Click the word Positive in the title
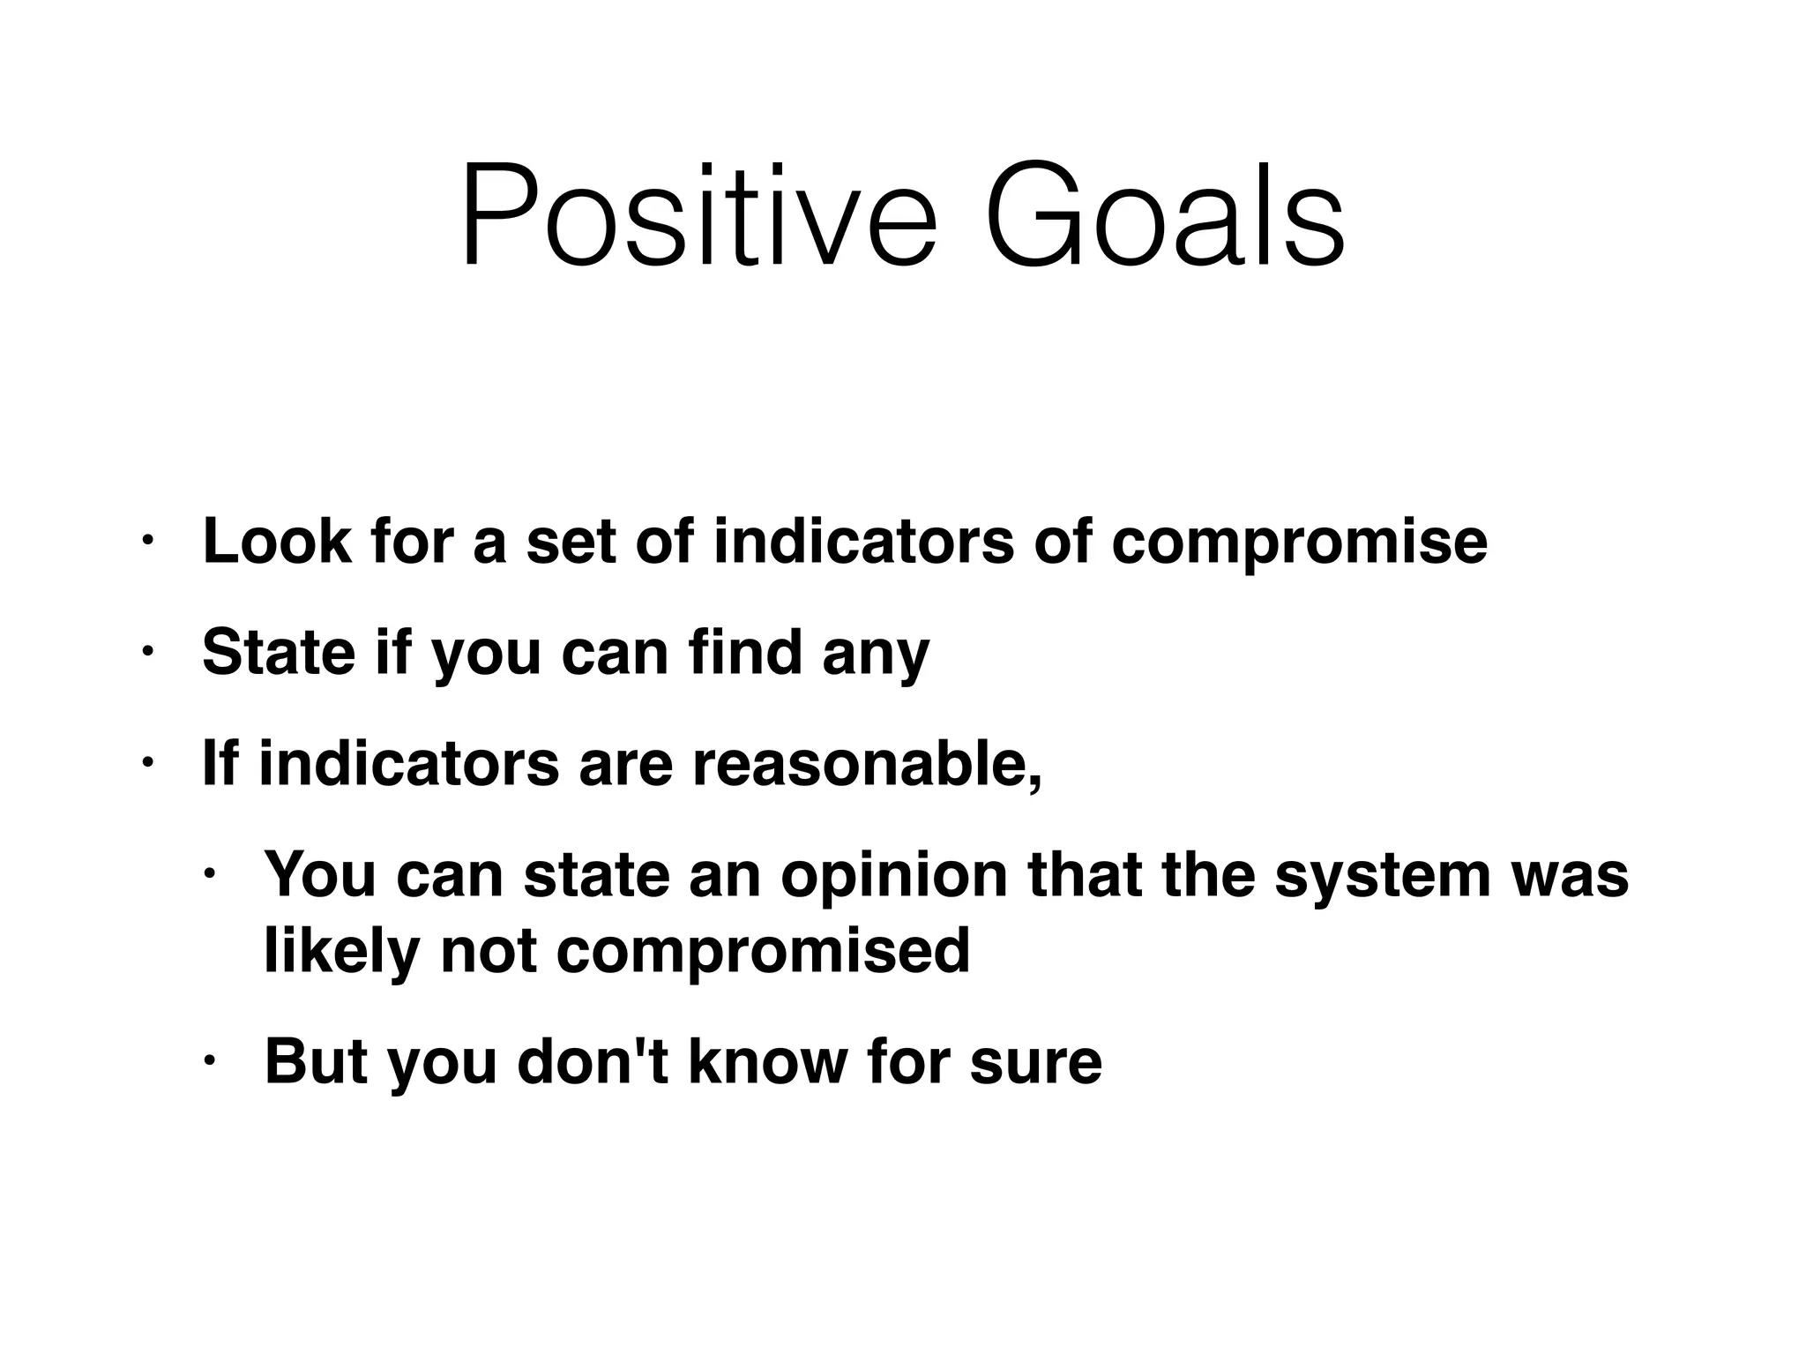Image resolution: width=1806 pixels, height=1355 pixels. coord(698,215)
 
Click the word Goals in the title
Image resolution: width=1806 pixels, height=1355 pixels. coord(1165,215)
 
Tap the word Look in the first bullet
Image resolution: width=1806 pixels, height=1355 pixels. coord(277,541)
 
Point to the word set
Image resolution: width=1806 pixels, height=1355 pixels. coord(571,541)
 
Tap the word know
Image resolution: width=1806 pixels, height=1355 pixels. coord(766,1062)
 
